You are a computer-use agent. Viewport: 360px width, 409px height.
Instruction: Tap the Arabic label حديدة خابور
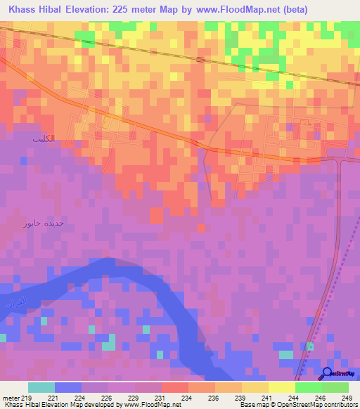46,223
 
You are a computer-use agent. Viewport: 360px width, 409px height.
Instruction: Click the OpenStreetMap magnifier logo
328,374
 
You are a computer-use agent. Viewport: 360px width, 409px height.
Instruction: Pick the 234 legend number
187,397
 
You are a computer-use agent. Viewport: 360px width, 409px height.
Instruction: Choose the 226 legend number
107,397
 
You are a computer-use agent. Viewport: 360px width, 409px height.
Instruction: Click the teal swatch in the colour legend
41,387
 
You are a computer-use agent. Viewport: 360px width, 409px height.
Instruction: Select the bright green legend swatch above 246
308,387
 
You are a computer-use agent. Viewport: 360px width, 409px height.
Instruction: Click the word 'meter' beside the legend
11,397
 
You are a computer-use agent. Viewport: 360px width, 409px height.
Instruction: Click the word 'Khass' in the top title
23,11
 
